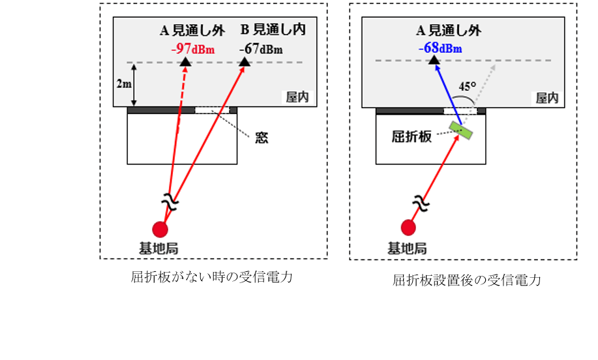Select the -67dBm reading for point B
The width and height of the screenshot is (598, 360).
(x=260, y=49)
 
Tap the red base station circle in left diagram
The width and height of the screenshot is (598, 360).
(x=160, y=228)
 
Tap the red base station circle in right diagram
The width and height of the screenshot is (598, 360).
(x=408, y=227)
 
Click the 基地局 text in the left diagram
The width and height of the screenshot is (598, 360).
(x=159, y=248)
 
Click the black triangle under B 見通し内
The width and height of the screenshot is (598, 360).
(x=245, y=61)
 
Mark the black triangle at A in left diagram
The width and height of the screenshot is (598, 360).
(x=185, y=61)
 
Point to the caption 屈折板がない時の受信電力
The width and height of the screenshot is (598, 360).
(x=211, y=277)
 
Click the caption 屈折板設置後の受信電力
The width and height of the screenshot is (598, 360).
(x=468, y=280)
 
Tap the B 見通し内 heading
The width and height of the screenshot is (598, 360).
(x=273, y=29)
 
